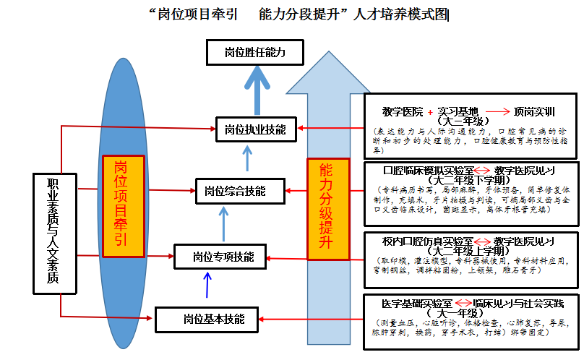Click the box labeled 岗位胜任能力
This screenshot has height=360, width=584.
[x=255, y=53]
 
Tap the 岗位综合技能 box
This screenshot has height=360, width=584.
[x=235, y=192]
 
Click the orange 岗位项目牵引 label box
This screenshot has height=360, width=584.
[x=124, y=206]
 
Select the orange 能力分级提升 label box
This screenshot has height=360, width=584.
[x=328, y=208]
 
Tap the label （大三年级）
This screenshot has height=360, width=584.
[x=465, y=121]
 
